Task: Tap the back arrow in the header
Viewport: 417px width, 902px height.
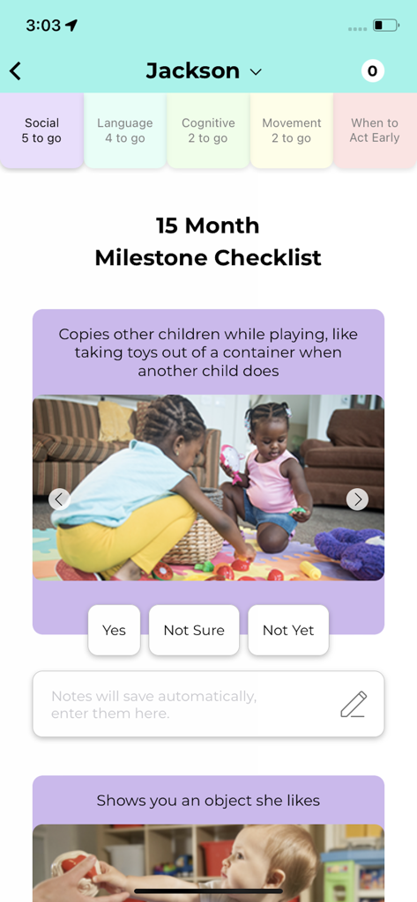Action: coord(15,71)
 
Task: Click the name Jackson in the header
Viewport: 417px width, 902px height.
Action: coord(192,71)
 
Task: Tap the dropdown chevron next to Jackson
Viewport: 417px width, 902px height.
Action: coord(256,72)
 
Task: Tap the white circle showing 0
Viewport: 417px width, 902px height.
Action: coord(372,71)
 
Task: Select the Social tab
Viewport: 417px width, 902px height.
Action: coord(41,130)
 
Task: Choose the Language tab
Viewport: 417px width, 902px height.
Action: coord(124,130)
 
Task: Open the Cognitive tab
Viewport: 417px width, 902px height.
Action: coord(208,130)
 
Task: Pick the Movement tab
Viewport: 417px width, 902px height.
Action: coord(291,130)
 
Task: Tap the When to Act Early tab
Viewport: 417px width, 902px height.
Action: coord(374,130)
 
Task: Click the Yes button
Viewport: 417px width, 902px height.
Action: coord(114,630)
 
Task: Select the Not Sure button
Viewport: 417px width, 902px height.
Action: coord(194,630)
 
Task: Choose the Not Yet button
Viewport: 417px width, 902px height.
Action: coord(288,630)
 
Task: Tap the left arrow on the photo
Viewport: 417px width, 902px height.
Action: coord(59,499)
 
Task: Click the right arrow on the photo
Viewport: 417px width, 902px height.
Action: coord(357,499)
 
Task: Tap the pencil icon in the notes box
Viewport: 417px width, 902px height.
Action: coord(354,705)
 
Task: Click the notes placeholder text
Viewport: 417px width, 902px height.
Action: coord(154,705)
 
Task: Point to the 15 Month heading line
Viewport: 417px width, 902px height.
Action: coord(208,225)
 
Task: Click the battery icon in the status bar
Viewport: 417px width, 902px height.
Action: coord(385,26)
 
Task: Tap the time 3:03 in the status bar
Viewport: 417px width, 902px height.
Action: coord(42,26)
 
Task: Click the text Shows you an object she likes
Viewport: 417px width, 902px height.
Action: coord(208,801)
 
